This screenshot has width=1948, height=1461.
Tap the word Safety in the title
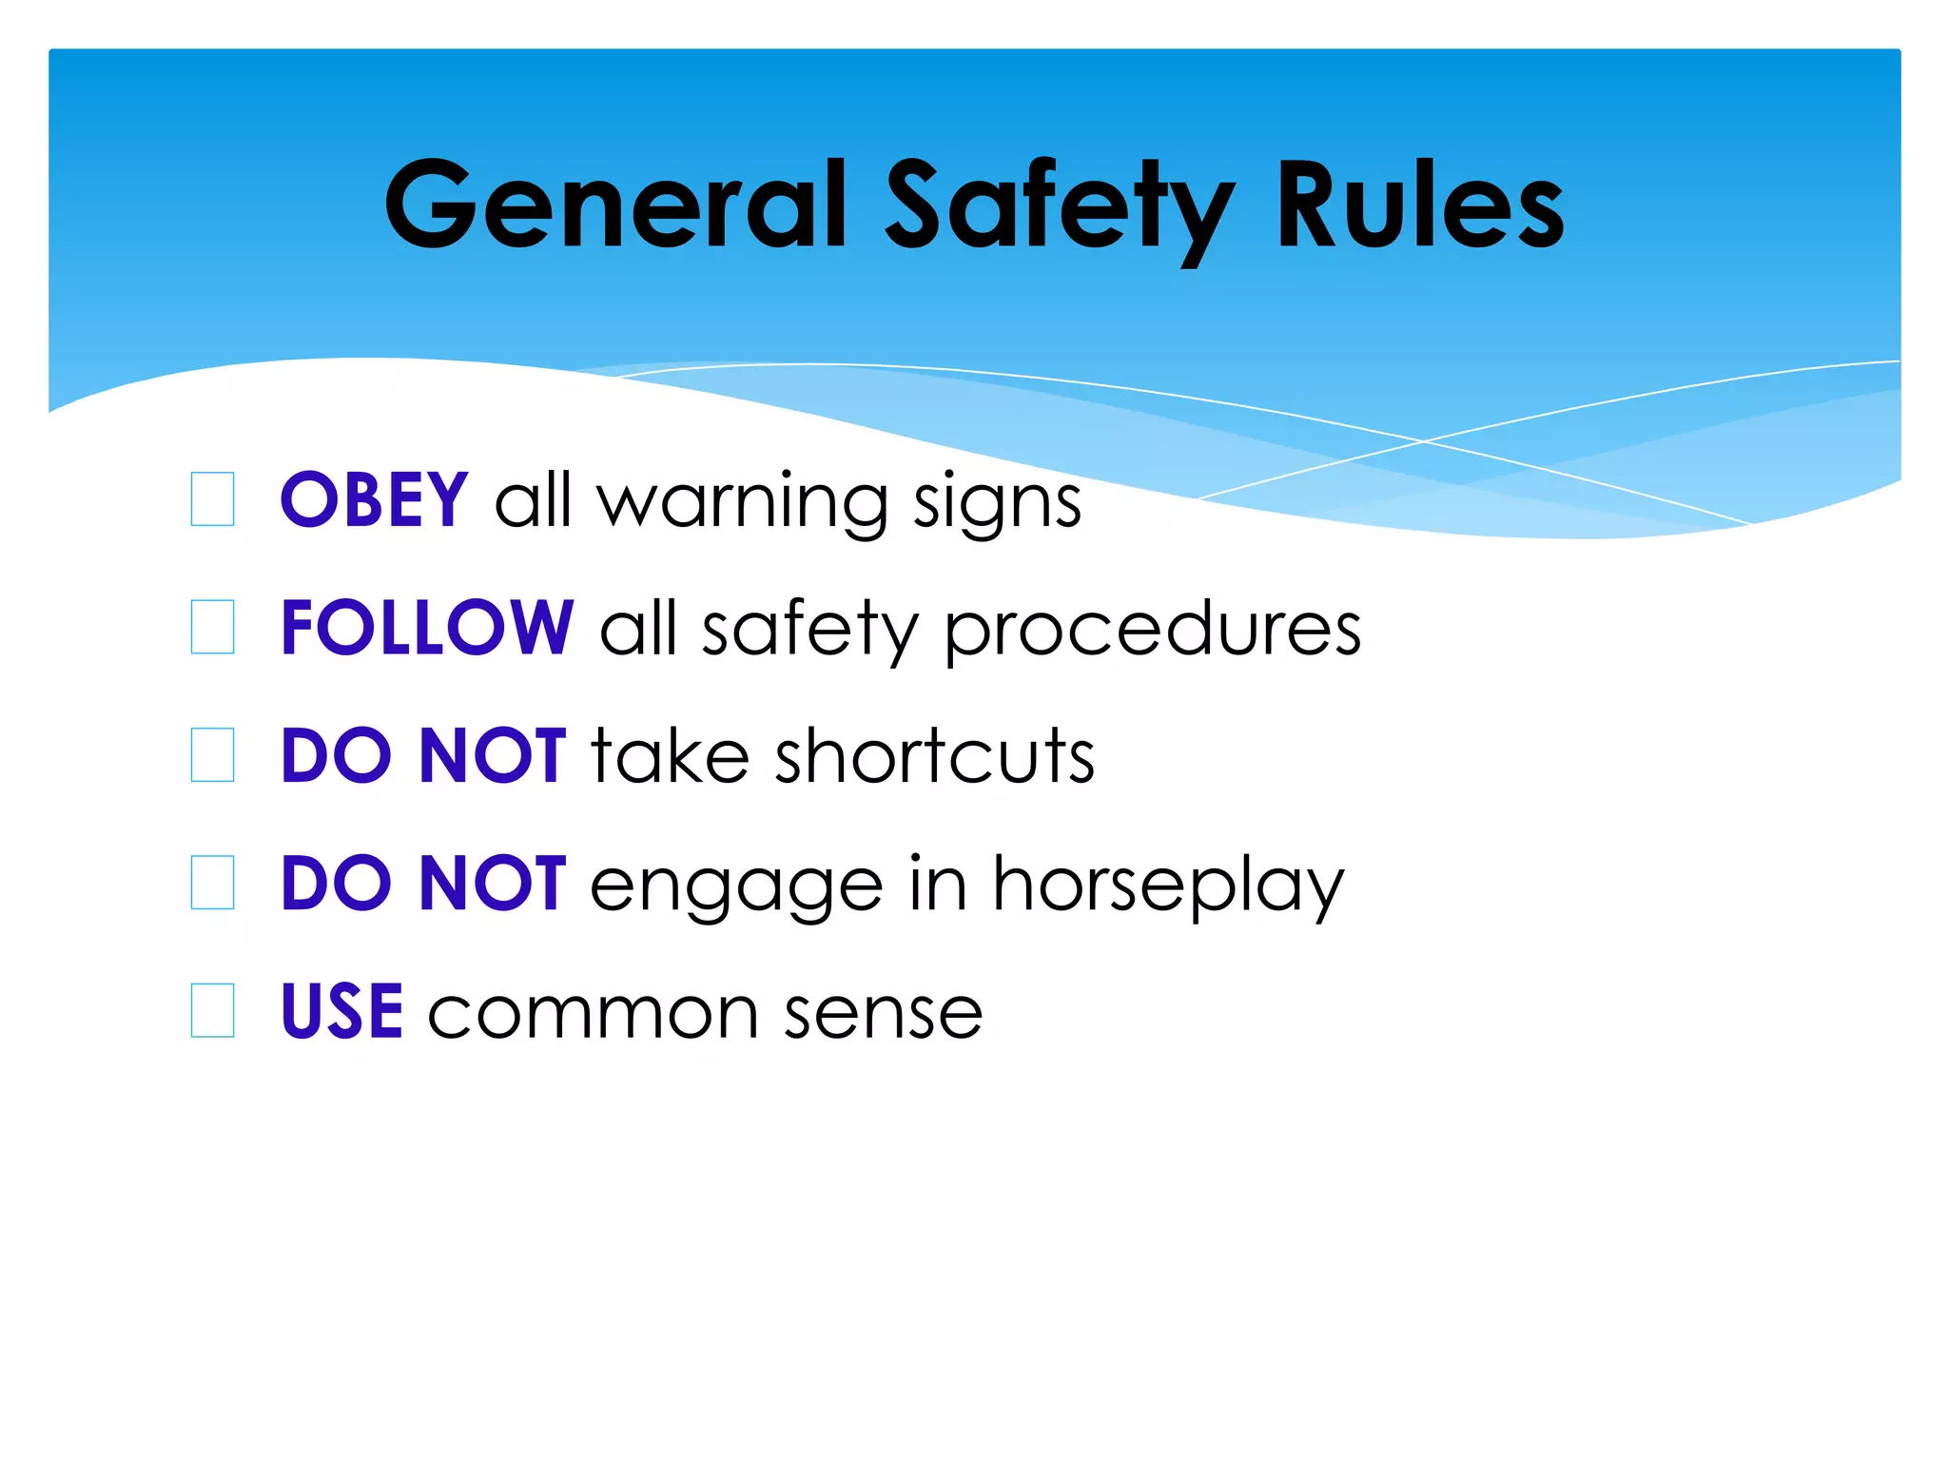coord(1060,207)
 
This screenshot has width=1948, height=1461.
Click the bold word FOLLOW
coord(427,628)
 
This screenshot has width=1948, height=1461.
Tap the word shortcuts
coord(935,756)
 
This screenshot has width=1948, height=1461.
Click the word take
coord(670,756)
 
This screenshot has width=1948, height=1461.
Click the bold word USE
coord(342,1011)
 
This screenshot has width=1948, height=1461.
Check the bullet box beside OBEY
coord(212,499)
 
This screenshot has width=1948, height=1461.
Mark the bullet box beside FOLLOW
coord(212,627)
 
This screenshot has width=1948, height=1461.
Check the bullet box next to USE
coord(212,1010)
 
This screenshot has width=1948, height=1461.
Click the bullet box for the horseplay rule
coord(212,883)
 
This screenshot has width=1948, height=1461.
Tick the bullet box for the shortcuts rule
coord(212,755)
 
